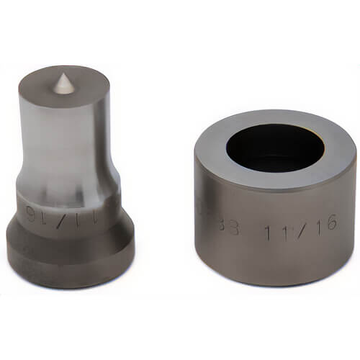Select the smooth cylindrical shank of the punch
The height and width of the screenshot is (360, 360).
65,144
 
